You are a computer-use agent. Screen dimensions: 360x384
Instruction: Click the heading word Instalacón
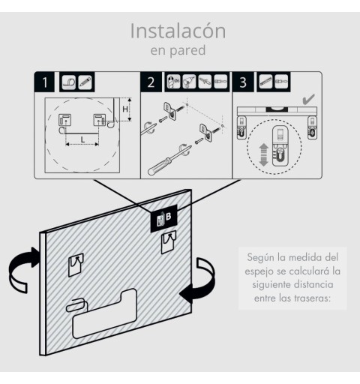pyautogui.click(x=178, y=31)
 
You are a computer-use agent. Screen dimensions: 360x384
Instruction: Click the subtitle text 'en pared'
pyautogui.click(x=178, y=50)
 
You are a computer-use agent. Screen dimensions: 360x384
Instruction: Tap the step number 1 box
pyautogui.click(x=44, y=82)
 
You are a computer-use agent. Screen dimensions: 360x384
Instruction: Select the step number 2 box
pyautogui.click(x=151, y=82)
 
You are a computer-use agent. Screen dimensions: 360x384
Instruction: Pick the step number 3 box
pyautogui.click(x=243, y=82)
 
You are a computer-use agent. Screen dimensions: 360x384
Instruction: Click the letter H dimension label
pyautogui.click(x=125, y=109)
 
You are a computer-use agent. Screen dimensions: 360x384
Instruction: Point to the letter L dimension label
pyautogui.click(x=82, y=139)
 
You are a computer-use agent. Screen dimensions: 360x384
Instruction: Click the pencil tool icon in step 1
pyautogui.click(x=85, y=82)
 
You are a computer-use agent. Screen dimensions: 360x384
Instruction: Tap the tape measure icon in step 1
pyautogui.click(x=69, y=82)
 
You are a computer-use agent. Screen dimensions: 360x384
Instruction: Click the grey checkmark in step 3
pyautogui.click(x=308, y=99)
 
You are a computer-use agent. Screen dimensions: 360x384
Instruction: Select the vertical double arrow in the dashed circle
pyautogui.click(x=263, y=154)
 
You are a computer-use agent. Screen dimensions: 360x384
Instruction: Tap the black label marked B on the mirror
pyautogui.click(x=163, y=218)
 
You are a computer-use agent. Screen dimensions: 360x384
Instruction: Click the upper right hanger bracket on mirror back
pyautogui.click(x=169, y=241)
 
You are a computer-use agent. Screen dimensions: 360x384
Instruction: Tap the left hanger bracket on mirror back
pyautogui.click(x=76, y=265)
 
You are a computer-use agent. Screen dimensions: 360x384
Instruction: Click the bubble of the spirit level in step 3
pyautogui.click(x=277, y=109)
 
